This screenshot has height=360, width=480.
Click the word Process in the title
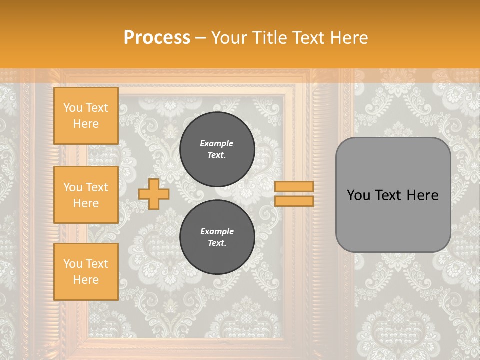157,38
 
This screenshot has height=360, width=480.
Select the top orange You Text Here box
86,116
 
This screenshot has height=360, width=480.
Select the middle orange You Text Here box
86,195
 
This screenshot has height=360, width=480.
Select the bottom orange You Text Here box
86,271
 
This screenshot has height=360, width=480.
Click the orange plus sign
154,194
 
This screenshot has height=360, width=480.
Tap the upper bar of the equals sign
294,187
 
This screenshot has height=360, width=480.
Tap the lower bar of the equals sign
294,201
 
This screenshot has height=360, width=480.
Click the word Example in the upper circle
216,143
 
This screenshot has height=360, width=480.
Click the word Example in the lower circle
217,231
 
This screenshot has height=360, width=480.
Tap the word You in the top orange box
72,108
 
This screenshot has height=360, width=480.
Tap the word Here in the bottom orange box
86,280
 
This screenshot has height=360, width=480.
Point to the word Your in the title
229,38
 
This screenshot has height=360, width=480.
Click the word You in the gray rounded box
358,195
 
